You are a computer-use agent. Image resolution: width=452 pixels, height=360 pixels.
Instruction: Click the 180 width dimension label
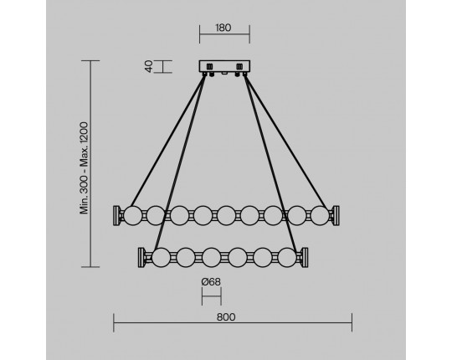pos(223,28)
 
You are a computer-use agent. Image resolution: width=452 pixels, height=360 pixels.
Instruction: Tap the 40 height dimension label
pos(148,66)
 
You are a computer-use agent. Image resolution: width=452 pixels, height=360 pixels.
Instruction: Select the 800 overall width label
pos(226,317)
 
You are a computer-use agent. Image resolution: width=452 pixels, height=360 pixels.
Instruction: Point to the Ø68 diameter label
pos(211,281)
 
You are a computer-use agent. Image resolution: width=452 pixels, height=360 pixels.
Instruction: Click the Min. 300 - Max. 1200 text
pos(84,168)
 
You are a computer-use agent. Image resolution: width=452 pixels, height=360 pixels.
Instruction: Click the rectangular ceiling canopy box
pos(224,66)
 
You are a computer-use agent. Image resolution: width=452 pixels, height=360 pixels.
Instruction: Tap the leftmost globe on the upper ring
pos(133,215)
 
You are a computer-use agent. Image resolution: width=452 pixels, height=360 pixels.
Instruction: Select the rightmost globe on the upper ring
pos(320,215)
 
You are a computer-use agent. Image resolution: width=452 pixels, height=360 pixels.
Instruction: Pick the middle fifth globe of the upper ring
pos(226,215)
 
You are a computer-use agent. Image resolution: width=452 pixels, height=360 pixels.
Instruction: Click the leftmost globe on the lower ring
pos(161,257)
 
